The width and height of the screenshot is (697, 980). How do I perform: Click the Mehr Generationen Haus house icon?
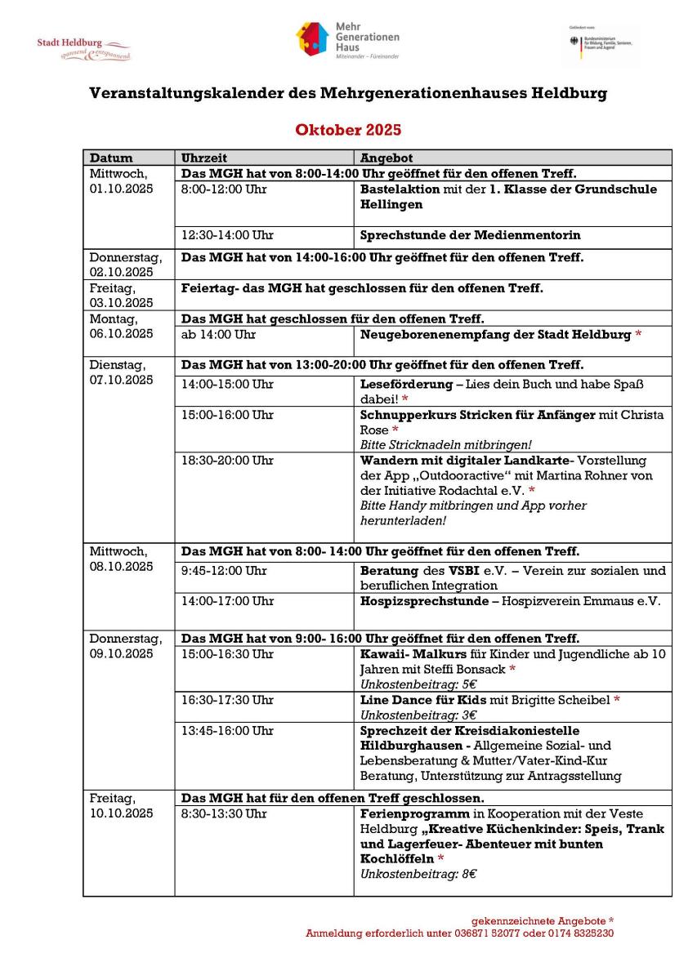click(311, 38)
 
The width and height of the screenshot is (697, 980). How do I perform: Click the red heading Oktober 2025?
click(348, 130)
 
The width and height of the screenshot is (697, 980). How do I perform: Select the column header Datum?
click(111, 158)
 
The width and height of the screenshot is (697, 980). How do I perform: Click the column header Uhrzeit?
click(204, 158)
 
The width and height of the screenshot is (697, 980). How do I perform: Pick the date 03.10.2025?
click(121, 303)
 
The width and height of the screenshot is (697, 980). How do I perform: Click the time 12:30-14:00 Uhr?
click(227, 235)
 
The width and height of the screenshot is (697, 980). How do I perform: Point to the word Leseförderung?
click(406, 384)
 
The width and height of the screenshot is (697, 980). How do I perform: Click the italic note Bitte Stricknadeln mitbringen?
click(446, 445)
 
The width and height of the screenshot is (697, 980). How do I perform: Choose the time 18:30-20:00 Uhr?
click(227, 461)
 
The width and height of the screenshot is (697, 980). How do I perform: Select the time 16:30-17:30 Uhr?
click(227, 700)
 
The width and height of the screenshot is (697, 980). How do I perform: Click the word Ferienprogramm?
click(414, 814)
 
